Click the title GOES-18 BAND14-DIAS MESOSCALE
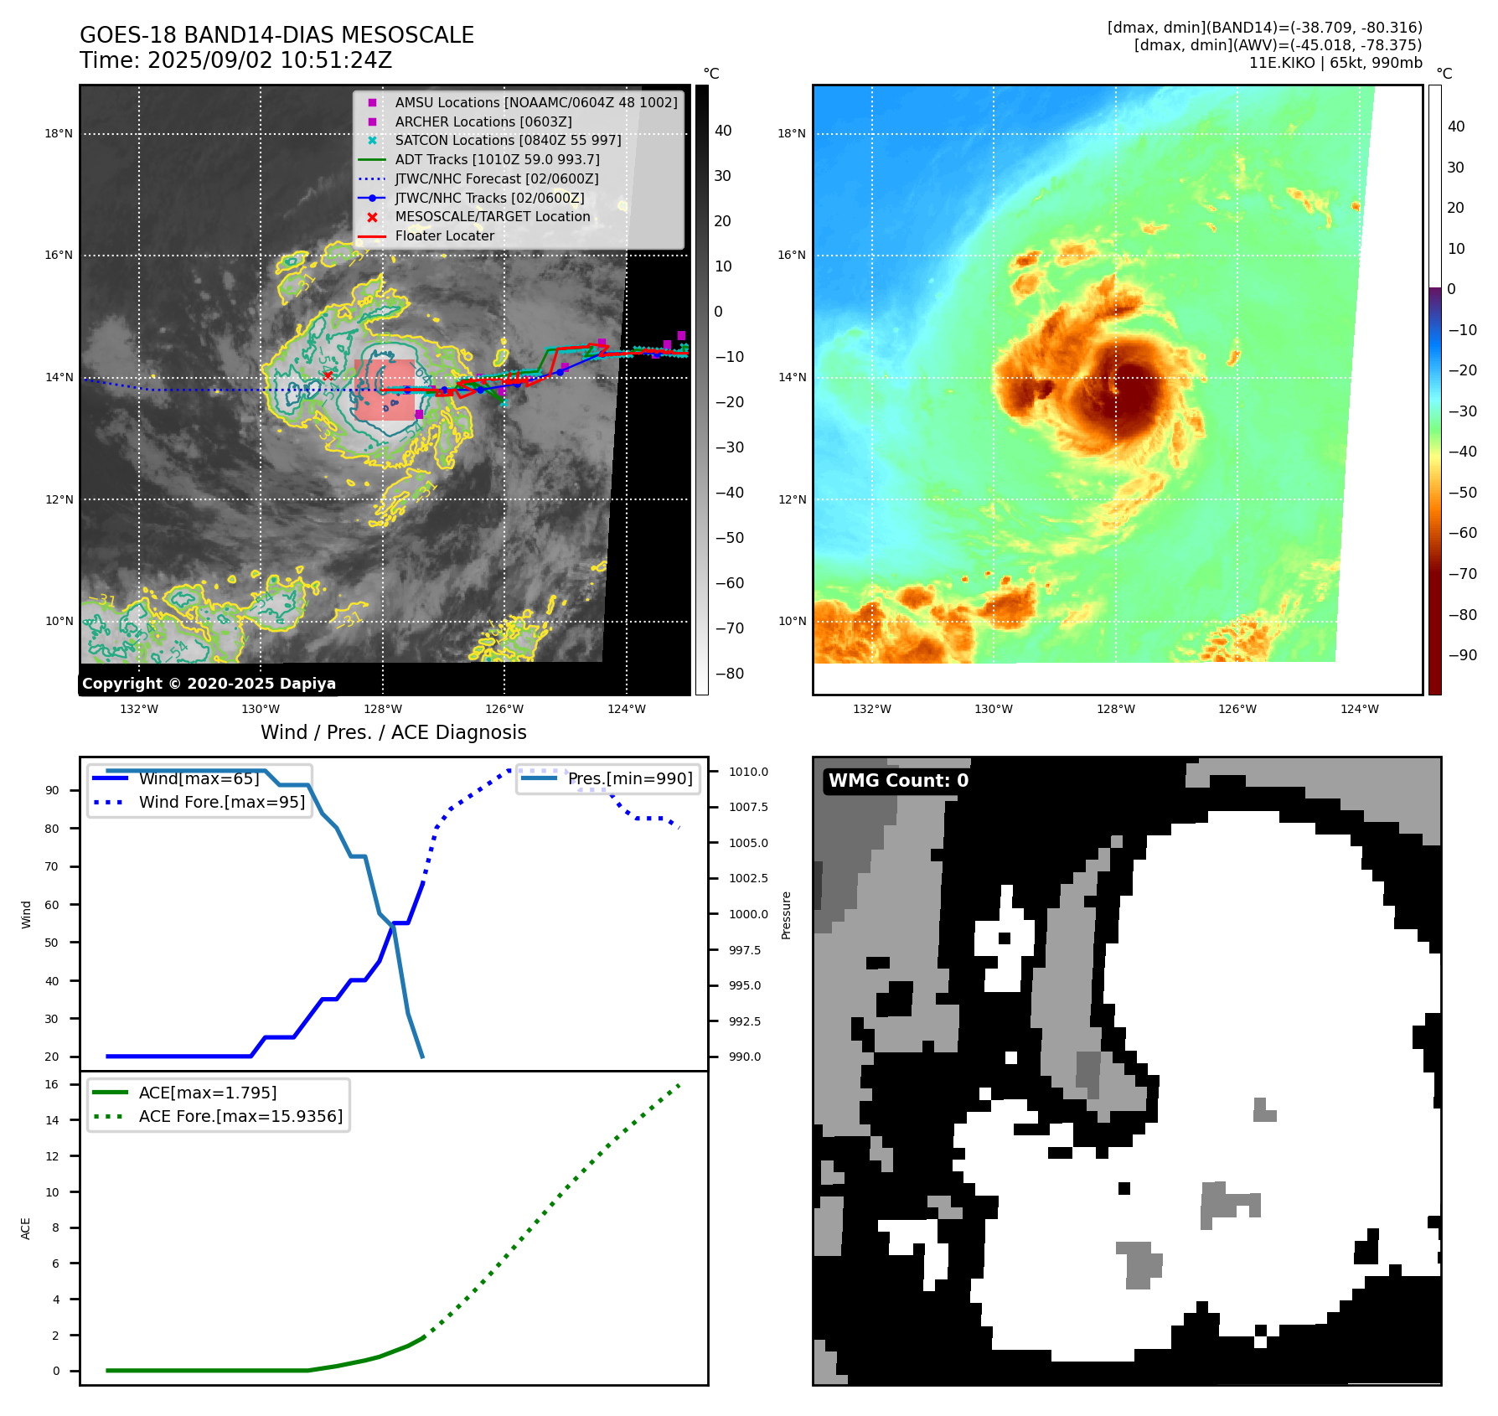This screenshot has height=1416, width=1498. [276, 35]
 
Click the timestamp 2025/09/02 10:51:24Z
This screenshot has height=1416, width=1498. [269, 60]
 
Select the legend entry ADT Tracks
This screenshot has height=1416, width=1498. [497, 159]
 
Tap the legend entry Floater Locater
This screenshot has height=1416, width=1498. [444, 235]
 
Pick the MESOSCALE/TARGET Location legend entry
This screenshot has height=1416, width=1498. [492, 216]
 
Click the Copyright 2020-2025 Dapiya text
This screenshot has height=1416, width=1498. [209, 684]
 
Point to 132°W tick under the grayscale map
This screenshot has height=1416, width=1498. [139, 709]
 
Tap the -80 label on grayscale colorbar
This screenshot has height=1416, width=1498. [729, 674]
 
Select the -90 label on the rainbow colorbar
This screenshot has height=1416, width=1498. [1463, 655]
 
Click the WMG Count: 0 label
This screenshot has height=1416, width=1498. [898, 781]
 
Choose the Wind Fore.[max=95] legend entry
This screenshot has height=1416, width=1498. [221, 802]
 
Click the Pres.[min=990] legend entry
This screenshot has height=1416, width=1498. [630, 778]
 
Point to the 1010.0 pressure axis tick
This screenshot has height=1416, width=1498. [748, 772]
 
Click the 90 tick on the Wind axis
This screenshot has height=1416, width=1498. [52, 790]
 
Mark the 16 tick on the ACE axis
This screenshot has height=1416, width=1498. [52, 1084]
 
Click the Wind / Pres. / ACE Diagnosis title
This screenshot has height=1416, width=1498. [394, 732]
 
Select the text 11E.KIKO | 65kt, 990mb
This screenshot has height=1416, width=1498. [1335, 63]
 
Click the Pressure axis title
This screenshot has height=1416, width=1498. [786, 915]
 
